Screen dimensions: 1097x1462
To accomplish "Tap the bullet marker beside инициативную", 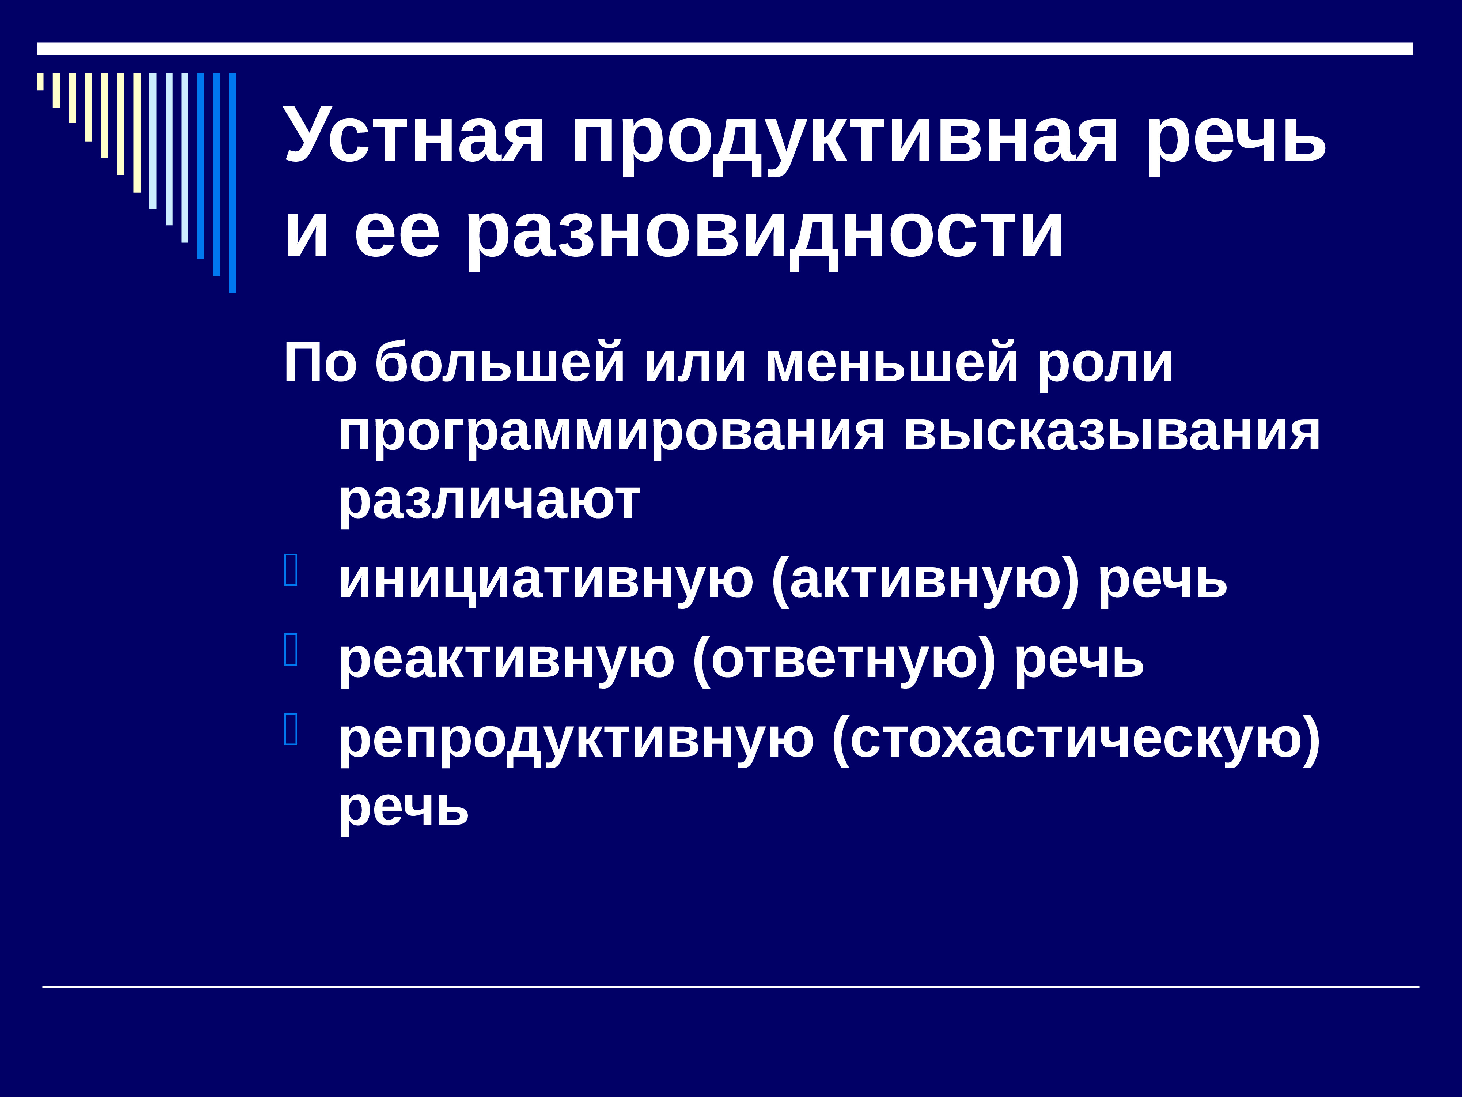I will click(x=291, y=570).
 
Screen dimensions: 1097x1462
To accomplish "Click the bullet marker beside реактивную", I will click(x=291, y=649).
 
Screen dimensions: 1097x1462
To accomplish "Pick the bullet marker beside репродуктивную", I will click(x=291, y=730).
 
